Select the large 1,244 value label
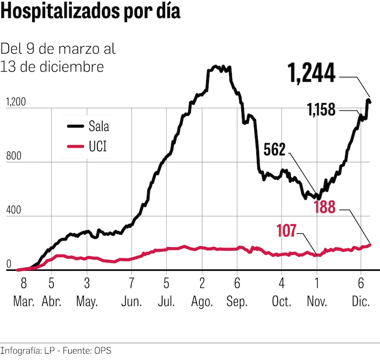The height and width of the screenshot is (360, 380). (x=312, y=74)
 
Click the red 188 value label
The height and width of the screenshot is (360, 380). (x=324, y=208)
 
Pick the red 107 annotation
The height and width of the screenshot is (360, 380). (x=286, y=230)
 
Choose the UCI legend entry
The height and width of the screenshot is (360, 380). (x=97, y=145)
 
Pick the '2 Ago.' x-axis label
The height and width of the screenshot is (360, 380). (x=202, y=293)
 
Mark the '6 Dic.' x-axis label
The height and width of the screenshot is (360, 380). (x=361, y=293)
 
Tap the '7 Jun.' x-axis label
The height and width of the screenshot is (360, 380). (x=132, y=293)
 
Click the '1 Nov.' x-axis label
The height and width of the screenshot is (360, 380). (x=317, y=293)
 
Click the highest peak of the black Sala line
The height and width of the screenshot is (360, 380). (x=216, y=66)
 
